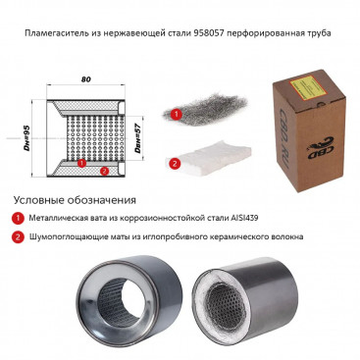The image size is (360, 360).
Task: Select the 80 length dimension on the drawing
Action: coord(86,79)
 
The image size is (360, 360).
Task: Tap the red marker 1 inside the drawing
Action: coord(82,163)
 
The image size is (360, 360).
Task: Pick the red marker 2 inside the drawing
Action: coord(104,171)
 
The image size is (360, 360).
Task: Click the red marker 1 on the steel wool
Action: coord(177,115)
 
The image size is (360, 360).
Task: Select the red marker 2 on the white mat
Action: coord(175,163)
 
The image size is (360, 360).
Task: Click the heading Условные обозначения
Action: coord(75,200)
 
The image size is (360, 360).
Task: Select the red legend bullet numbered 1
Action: coord(18,218)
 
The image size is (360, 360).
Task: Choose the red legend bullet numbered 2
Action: coord(18,236)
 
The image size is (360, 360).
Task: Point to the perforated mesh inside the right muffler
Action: coord(227,303)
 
